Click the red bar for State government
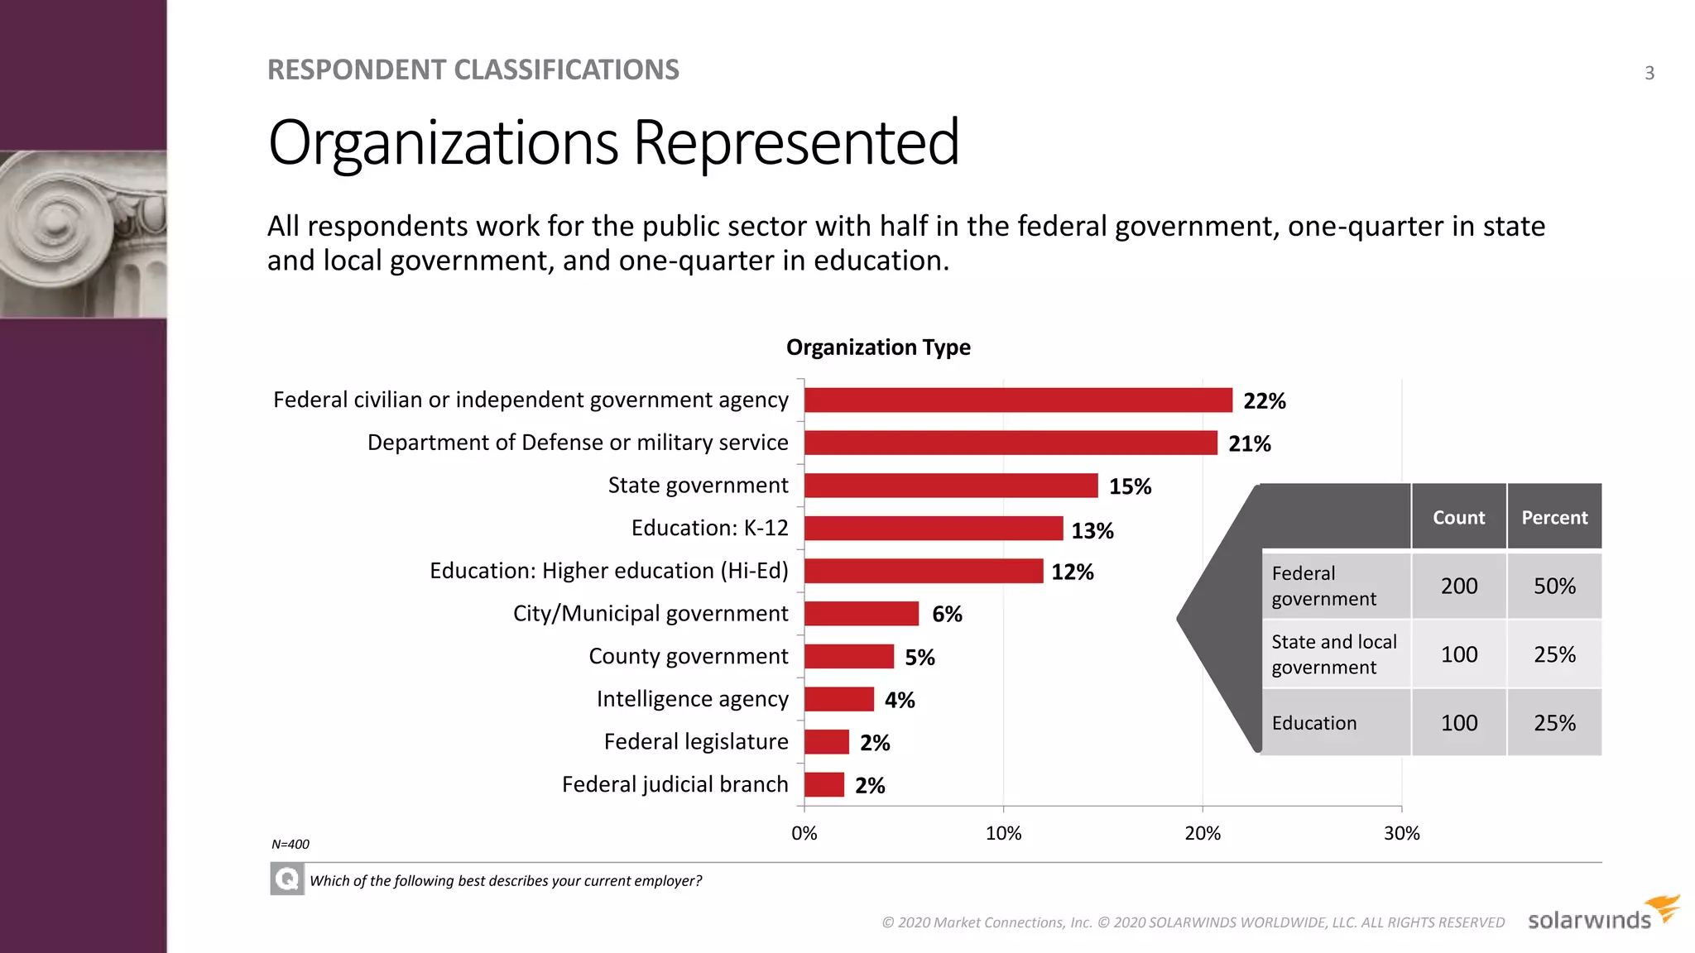click(x=950, y=486)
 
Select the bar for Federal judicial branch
click(x=823, y=784)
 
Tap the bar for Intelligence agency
click(x=838, y=699)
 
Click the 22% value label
click(x=1264, y=401)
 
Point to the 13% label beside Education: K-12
click(x=1092, y=530)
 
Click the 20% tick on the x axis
click(x=1202, y=833)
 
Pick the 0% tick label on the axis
click(x=804, y=833)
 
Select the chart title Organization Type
click(x=877, y=347)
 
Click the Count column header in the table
click(x=1458, y=517)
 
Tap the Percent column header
click(x=1553, y=517)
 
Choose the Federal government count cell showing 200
click(x=1458, y=586)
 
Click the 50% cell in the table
click(x=1553, y=586)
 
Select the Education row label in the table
click(x=1313, y=723)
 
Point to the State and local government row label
click(x=1332, y=654)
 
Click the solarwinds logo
click(x=1601, y=915)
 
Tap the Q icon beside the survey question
click(x=286, y=879)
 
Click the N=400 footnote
click(x=290, y=845)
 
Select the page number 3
click(x=1649, y=73)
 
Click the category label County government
click(x=688, y=656)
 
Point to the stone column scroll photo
click(x=83, y=233)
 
